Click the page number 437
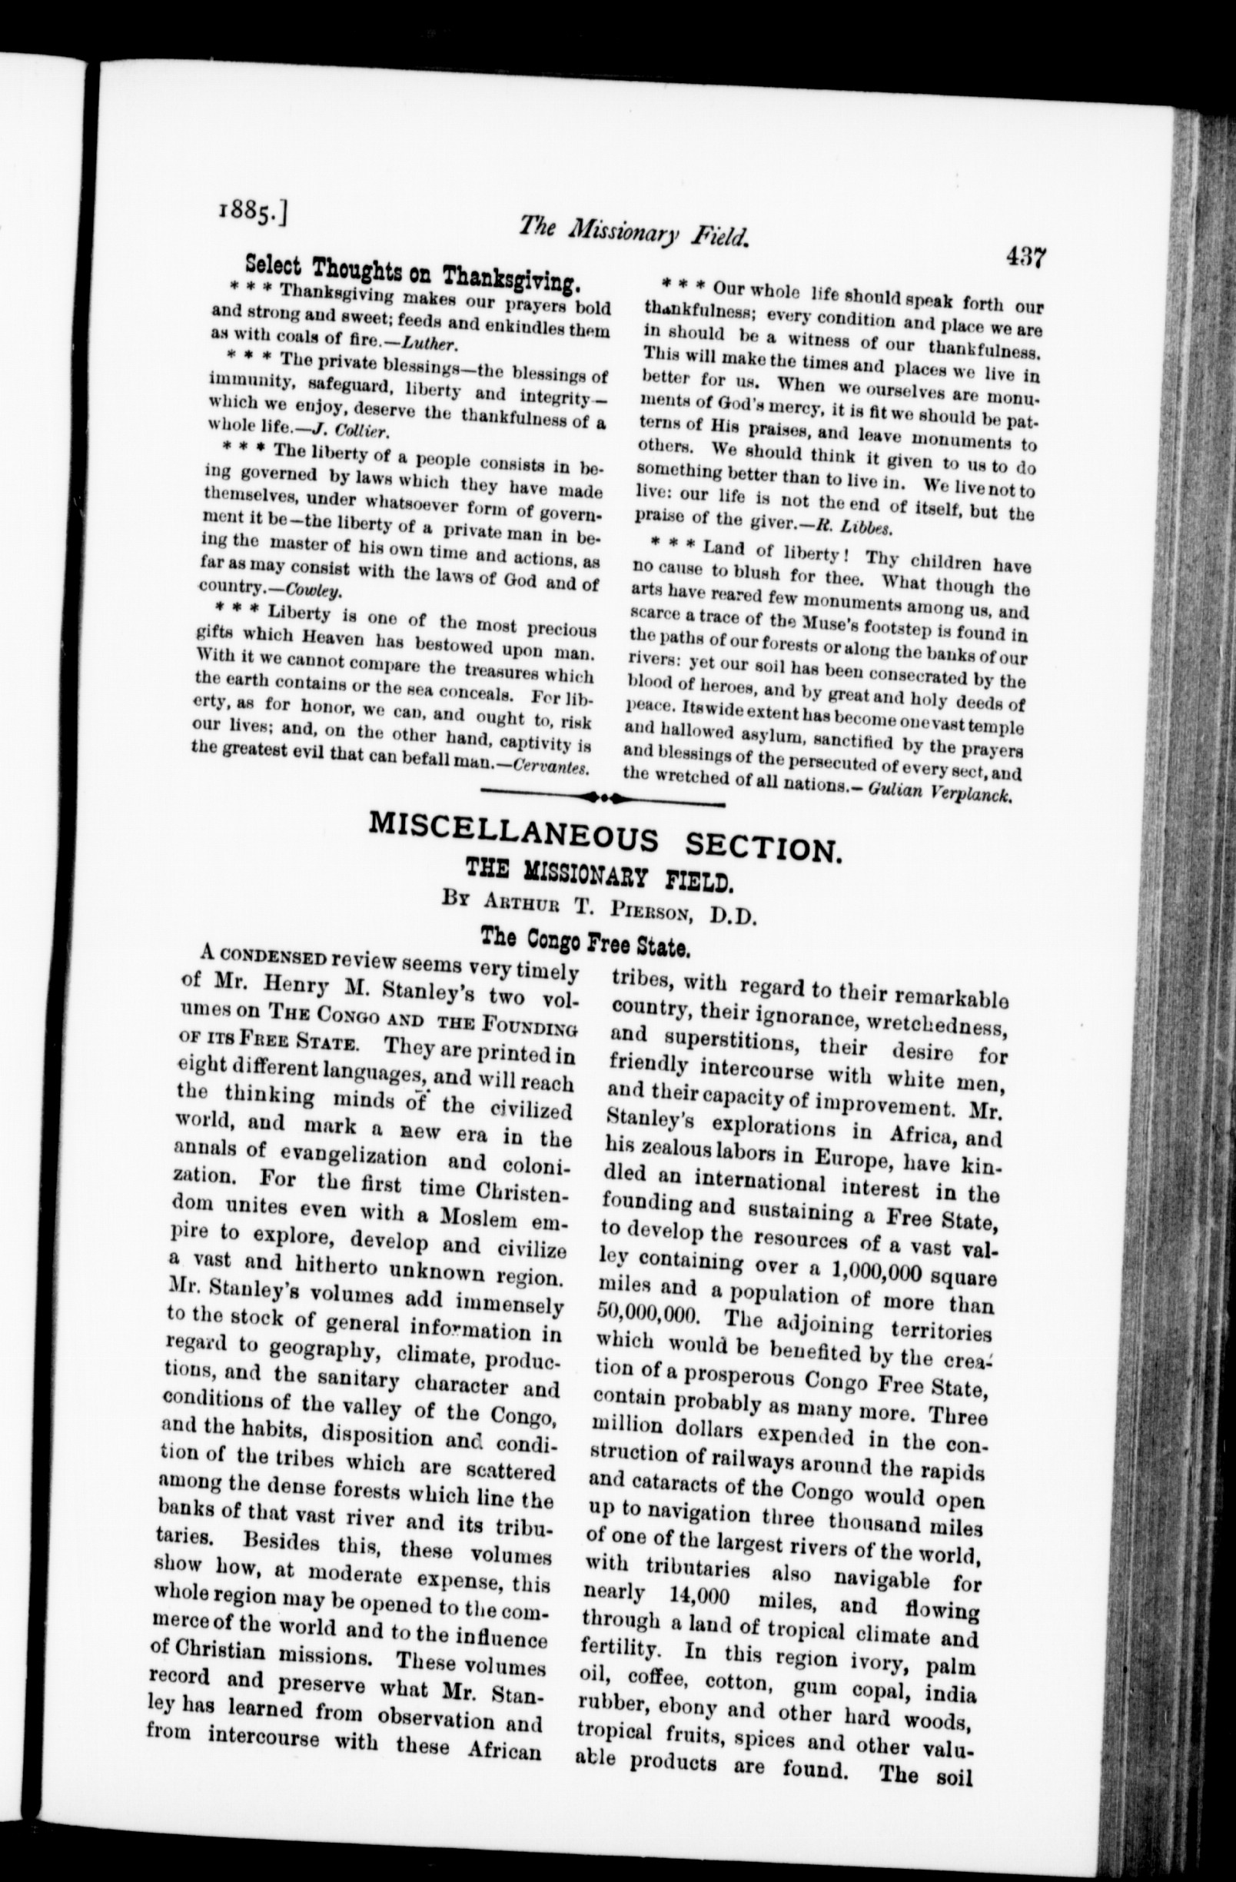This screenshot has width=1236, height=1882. tap(1025, 257)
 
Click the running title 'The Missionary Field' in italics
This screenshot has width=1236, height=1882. tap(633, 232)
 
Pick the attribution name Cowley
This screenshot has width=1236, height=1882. tap(314, 590)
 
